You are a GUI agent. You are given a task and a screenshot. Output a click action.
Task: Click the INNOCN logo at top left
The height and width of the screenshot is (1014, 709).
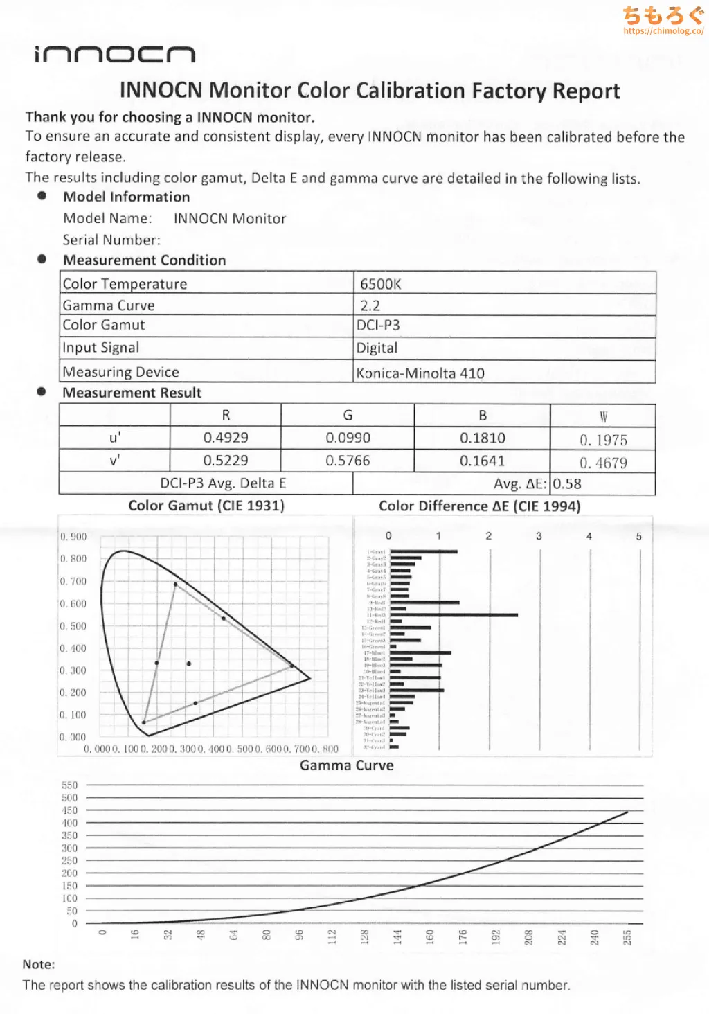pos(115,55)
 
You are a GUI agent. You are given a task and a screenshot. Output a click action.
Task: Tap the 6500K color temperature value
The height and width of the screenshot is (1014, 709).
pos(380,284)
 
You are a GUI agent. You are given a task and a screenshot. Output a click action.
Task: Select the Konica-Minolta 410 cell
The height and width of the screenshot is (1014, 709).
pos(420,373)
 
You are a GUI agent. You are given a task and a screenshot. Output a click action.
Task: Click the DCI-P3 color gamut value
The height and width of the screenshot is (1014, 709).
pos(378,326)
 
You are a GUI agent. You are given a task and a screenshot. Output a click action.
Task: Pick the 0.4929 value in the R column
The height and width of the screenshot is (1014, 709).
pos(226,438)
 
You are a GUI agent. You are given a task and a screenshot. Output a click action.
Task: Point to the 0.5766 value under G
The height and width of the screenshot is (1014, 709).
pos(348,461)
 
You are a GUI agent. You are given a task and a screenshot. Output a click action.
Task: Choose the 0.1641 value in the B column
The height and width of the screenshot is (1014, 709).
pos(482,461)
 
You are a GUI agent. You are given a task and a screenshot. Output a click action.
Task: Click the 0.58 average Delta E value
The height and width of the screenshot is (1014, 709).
pos(567,484)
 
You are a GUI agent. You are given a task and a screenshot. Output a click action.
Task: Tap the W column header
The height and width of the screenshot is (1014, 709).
pos(603,417)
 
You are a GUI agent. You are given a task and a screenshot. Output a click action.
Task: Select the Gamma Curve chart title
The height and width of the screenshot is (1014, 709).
pos(346,765)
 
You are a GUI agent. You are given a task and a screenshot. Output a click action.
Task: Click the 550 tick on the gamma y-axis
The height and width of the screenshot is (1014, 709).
pos(70,785)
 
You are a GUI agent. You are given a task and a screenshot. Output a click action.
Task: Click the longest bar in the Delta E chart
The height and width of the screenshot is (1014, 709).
pos(454,615)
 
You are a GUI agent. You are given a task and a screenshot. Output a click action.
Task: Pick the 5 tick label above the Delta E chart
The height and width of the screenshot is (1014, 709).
pos(638,536)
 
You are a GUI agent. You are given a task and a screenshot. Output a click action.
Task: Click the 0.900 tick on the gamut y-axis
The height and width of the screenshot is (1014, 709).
pos(73,537)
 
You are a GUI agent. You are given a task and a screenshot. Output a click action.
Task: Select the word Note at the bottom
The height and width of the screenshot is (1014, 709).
pos(38,964)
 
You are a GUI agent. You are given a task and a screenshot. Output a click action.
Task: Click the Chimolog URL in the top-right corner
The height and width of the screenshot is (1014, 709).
pos(663,31)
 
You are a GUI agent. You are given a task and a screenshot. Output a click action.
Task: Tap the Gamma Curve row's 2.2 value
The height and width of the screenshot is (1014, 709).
pos(370,305)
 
